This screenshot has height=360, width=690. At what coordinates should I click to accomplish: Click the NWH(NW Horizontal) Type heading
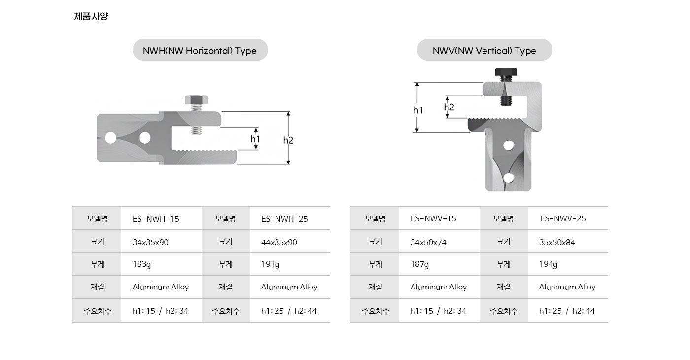[x=200, y=50]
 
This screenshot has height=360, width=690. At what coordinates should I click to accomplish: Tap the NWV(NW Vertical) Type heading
[x=484, y=50]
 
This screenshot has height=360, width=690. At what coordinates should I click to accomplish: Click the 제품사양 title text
[x=91, y=16]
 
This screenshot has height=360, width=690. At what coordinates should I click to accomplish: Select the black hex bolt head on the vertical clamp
[x=506, y=72]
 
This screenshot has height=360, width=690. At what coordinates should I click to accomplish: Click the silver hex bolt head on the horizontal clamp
[x=196, y=99]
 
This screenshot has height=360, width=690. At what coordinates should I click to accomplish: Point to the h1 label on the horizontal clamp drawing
[x=255, y=139]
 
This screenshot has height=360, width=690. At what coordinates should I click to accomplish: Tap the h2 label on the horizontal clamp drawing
[x=288, y=140]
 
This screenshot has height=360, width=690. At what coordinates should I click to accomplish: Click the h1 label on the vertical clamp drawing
[x=418, y=110]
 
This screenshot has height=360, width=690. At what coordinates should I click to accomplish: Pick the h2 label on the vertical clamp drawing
[x=449, y=107]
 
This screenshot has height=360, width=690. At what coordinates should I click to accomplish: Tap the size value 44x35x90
[x=279, y=242]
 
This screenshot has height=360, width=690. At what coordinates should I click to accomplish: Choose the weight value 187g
[x=419, y=264]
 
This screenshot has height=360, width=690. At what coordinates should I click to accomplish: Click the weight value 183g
[x=142, y=264]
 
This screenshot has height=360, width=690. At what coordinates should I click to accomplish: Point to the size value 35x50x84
[x=557, y=242]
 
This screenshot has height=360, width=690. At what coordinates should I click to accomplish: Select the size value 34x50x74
[x=428, y=242]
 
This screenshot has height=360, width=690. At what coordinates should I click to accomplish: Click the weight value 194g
[x=548, y=264]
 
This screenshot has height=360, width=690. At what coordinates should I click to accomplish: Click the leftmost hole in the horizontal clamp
[x=111, y=138]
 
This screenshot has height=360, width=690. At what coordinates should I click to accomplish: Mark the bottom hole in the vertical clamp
[x=508, y=178]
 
